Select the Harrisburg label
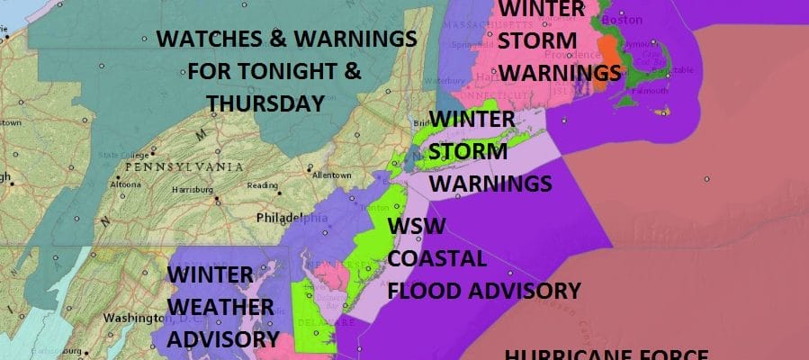tap(190, 189)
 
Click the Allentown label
tap(329, 174)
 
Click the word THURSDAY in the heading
tap(265, 103)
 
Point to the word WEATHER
tap(220, 306)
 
